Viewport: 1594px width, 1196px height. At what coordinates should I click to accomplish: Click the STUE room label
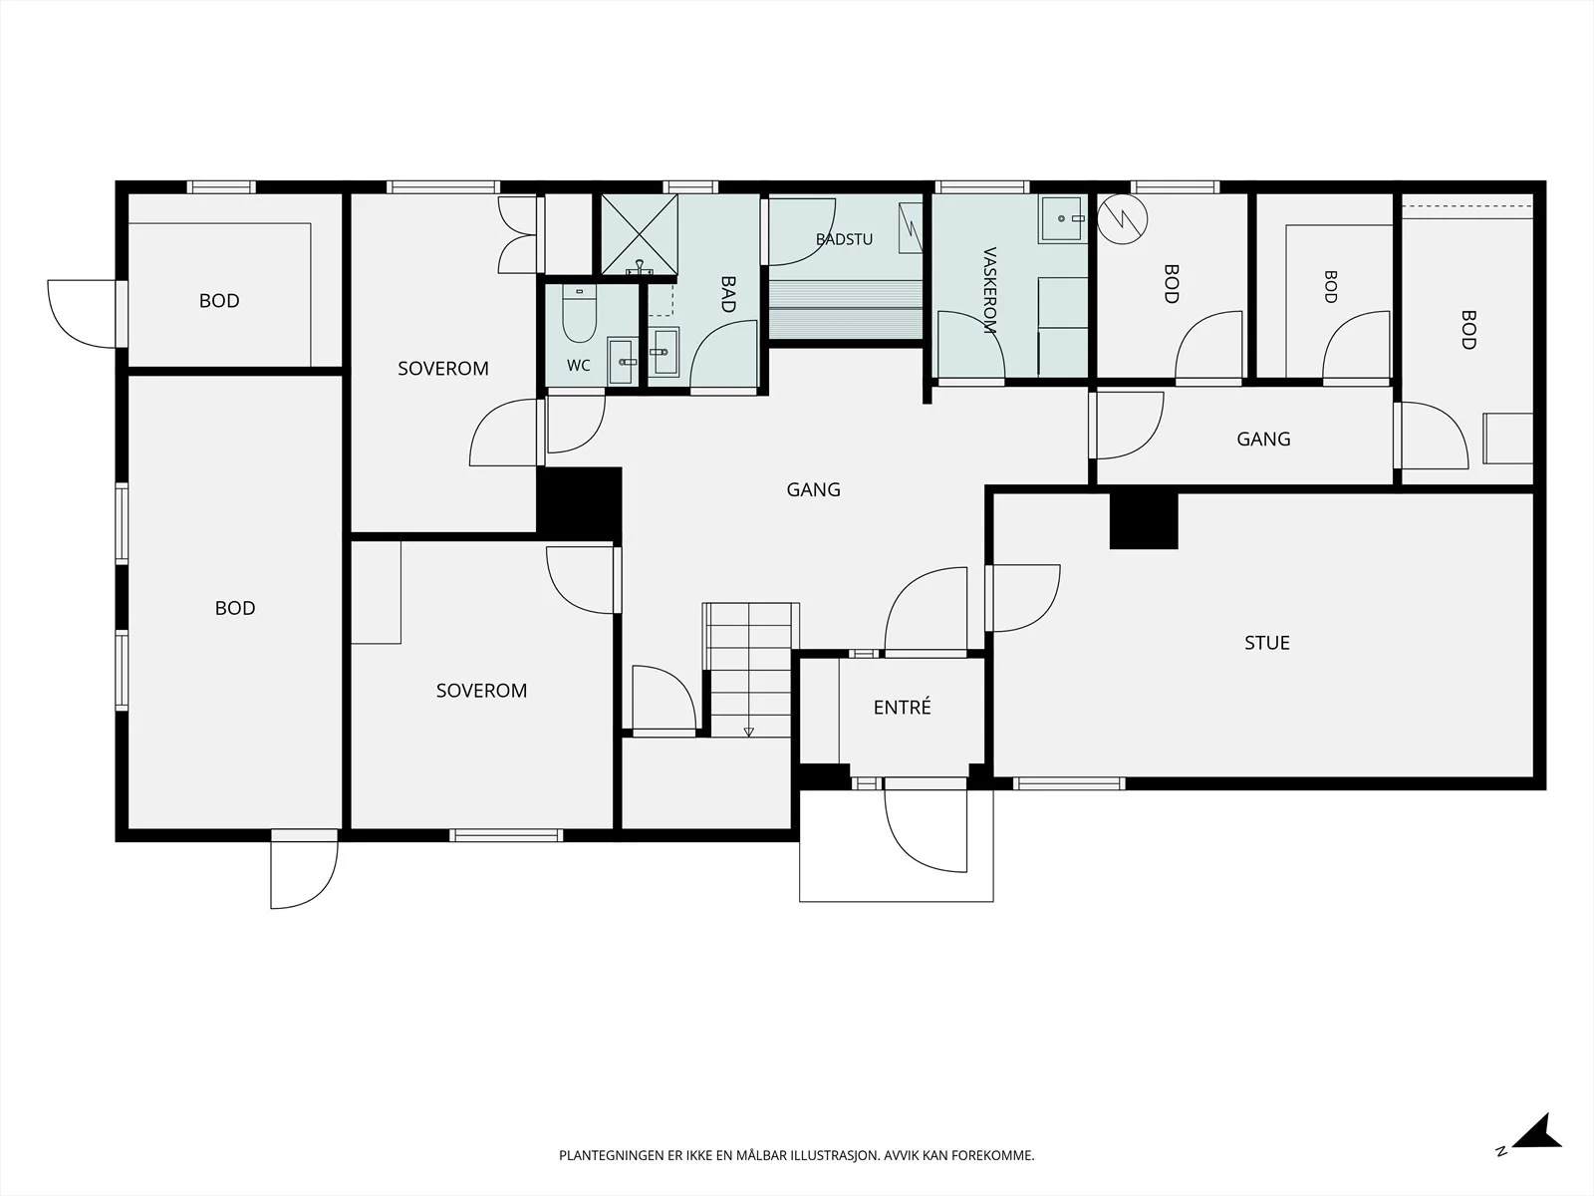[1266, 643]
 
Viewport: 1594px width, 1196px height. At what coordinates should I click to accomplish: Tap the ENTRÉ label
[902, 707]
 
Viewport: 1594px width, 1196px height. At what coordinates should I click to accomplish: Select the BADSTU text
[844, 239]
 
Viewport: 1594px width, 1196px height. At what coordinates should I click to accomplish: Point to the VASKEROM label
[989, 290]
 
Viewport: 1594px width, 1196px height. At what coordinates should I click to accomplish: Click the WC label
[578, 365]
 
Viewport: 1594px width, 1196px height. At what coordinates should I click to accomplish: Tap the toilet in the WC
[579, 313]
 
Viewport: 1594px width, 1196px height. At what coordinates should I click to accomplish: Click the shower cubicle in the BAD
[639, 234]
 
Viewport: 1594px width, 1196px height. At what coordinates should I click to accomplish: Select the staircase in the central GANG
[750, 670]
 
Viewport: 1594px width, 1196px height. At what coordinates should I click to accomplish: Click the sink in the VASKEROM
[1062, 218]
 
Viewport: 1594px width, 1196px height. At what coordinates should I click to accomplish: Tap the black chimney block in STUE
[1144, 520]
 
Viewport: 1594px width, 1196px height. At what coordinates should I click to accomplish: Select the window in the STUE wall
[1069, 783]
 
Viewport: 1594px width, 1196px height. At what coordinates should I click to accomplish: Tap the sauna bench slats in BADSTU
[846, 309]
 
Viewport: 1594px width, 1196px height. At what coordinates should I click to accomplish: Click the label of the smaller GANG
[1263, 439]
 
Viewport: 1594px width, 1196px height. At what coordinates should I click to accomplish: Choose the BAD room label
[727, 294]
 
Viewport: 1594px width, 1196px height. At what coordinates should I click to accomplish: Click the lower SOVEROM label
[481, 690]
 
